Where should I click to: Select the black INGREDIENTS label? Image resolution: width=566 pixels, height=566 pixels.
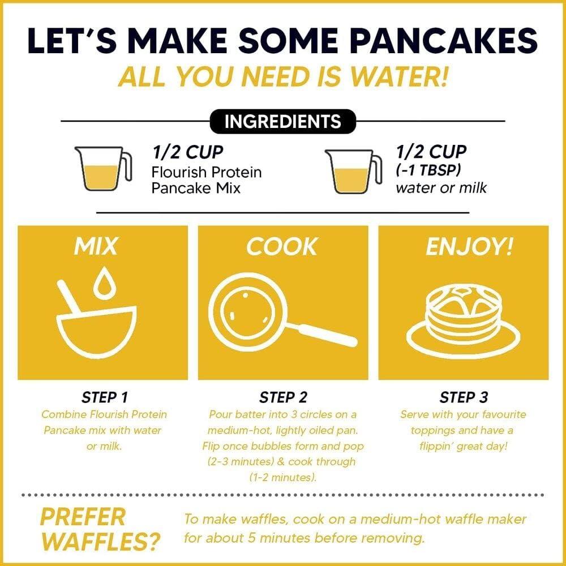pos(283,121)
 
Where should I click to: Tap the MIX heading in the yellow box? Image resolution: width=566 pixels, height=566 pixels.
pos(96,247)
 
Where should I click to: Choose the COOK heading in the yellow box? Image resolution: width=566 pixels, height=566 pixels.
pos(282,247)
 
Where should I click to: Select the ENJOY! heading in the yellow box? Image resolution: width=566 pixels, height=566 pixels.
pos(463,247)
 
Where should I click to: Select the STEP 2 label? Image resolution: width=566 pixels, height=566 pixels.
pos(283,397)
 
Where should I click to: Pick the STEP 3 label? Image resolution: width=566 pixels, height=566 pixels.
pos(464,397)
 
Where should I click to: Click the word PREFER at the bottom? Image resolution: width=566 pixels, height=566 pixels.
pos(83,517)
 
